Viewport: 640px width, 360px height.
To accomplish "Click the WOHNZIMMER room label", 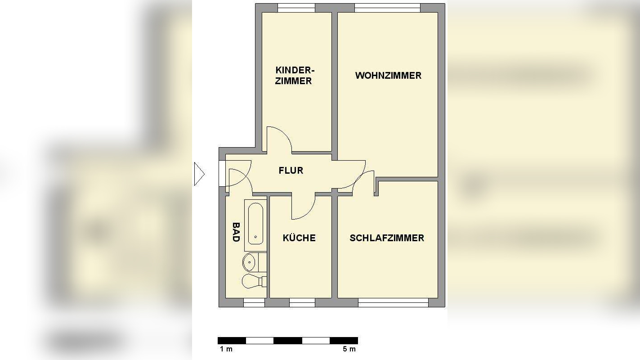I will click(x=388, y=76).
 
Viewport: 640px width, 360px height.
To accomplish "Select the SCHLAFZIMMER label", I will click(x=387, y=238).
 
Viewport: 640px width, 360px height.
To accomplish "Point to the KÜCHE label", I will click(x=299, y=238).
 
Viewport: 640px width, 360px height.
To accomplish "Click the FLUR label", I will click(x=291, y=171).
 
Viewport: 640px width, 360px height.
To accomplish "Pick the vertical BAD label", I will click(x=236, y=232).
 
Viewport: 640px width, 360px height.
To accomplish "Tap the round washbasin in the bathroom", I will click(x=250, y=261).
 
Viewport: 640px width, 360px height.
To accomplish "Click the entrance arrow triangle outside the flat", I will click(x=199, y=174).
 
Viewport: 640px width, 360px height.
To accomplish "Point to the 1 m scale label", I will click(x=226, y=349).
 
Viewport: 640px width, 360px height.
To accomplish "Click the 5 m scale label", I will click(x=349, y=349).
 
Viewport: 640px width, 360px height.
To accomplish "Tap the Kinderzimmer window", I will click(x=296, y=8).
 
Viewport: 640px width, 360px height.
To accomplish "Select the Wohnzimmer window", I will click(x=387, y=8).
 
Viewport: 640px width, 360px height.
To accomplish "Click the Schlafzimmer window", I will click(x=393, y=304).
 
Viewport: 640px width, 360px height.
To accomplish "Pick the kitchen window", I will click(x=302, y=304).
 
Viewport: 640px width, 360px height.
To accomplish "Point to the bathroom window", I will click(x=254, y=304).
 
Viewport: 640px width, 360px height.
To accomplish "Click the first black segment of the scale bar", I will click(x=232, y=341).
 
